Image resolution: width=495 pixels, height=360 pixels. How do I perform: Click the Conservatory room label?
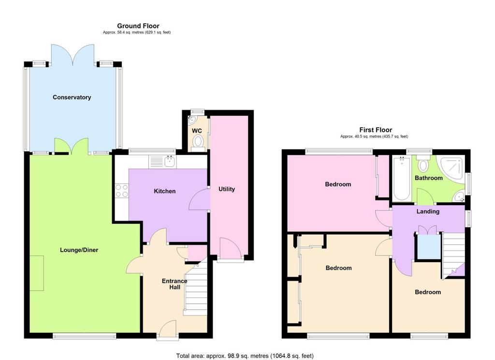point(72,97)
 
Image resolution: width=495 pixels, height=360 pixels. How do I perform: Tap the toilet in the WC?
point(198,142)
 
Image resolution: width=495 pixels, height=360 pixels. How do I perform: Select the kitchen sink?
point(170,162)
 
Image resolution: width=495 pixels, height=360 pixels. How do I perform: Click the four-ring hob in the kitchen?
point(122,190)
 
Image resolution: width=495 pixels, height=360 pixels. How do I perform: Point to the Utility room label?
point(227,189)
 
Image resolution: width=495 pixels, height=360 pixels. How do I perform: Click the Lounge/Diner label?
point(79,250)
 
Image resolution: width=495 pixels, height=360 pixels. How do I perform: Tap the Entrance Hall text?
point(175,284)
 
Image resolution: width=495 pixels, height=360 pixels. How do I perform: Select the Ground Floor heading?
point(138,26)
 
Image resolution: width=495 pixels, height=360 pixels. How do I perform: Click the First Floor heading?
point(376,130)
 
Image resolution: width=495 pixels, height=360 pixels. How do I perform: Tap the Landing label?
point(428,211)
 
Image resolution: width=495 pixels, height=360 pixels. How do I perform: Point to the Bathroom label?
point(428,178)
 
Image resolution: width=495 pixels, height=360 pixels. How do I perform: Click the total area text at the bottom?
point(245,356)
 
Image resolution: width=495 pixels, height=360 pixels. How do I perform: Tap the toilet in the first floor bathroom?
point(423,164)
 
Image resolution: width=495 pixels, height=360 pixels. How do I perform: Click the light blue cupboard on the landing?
point(429,246)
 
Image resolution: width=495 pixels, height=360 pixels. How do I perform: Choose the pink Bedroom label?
point(338,184)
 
